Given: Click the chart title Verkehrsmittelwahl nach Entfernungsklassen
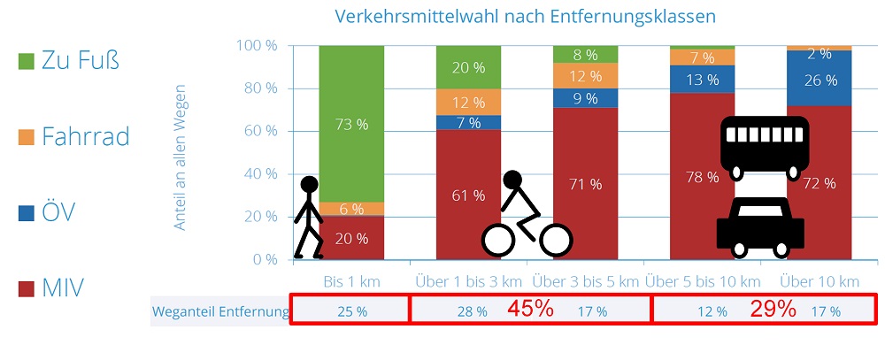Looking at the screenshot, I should click(525, 17).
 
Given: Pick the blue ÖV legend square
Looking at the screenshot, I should click(27, 212).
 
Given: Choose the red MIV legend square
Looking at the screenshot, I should click(27, 287).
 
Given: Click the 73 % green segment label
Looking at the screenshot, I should click(351, 125).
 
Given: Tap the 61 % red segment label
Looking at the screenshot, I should click(468, 195).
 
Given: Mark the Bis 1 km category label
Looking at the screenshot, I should click(351, 282).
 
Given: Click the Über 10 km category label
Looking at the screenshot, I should click(820, 282).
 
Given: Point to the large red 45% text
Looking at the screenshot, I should click(530, 310).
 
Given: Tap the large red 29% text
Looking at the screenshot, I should click(773, 310).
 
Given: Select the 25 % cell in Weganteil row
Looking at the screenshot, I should click(351, 312).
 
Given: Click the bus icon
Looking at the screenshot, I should click(764, 145).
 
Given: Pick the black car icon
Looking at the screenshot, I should click(760, 225).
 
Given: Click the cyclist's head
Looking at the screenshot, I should click(512, 180).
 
